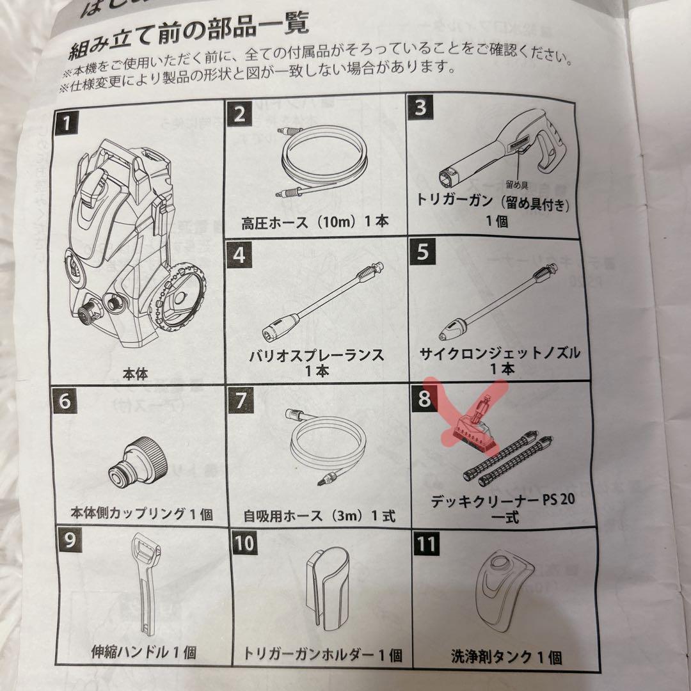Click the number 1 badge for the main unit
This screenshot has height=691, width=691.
click(x=67, y=120)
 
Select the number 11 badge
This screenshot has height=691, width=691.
click(x=427, y=544)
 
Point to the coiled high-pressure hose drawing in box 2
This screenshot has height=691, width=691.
click(x=324, y=160)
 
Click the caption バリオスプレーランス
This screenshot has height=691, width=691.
click(x=317, y=356)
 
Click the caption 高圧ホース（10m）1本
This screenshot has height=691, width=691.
click(x=315, y=223)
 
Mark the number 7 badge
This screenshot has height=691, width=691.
click(x=240, y=401)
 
